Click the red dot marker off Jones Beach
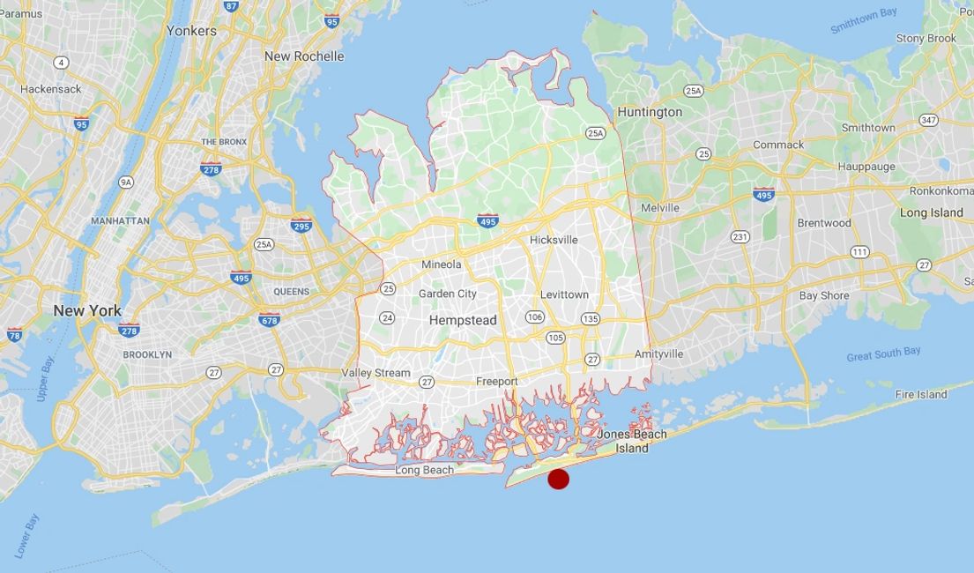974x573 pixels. [x=558, y=479]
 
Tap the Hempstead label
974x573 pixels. [x=463, y=320]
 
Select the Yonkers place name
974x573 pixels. [x=191, y=30]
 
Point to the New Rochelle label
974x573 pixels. [x=304, y=56]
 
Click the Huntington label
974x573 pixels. [x=650, y=112]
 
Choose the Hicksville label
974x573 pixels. [x=554, y=240]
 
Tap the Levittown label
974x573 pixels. [x=565, y=294]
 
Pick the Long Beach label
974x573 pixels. [x=424, y=470]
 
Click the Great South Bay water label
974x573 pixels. [x=883, y=353]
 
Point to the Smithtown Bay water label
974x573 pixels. [x=863, y=20]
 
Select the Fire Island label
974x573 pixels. [x=921, y=394]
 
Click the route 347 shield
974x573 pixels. [x=928, y=120]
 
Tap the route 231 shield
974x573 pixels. [x=740, y=236]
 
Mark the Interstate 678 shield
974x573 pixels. [x=270, y=319]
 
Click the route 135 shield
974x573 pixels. [x=590, y=318]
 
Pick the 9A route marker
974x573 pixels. [x=126, y=182]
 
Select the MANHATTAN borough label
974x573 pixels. [x=120, y=220]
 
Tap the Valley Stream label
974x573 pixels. [x=376, y=373]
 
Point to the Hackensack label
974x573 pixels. [x=50, y=89]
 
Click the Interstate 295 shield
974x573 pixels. [x=301, y=225]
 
